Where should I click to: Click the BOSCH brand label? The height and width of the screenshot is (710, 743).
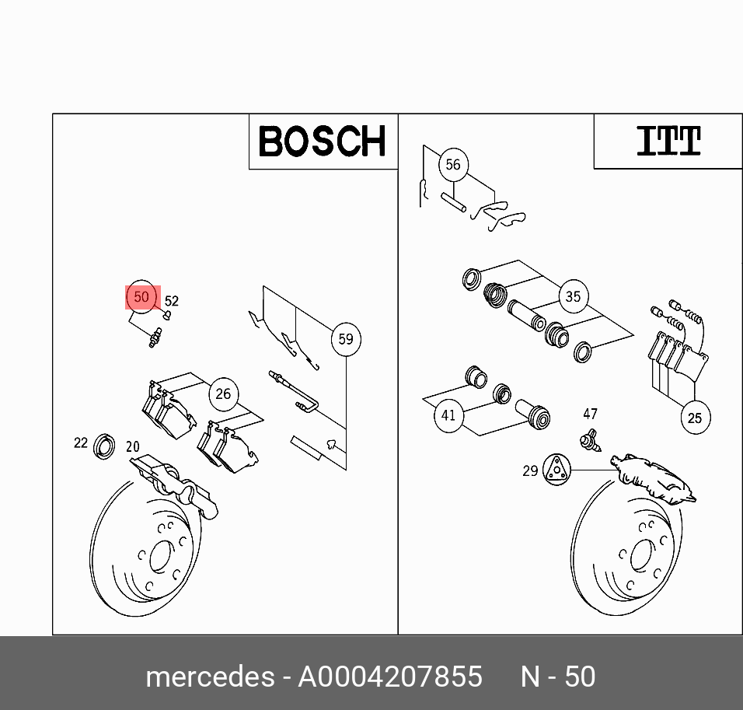point(322,142)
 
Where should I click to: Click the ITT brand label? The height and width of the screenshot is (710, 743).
point(668,142)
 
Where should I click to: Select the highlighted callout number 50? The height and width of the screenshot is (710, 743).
point(141,297)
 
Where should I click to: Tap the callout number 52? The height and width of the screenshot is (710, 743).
point(172,302)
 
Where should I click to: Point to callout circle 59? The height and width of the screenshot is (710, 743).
point(345,339)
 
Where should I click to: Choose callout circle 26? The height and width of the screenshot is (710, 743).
point(223,393)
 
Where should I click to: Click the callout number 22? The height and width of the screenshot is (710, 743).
point(81,442)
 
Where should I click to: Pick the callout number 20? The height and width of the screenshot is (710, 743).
point(133,446)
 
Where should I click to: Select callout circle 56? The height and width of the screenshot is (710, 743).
point(452,165)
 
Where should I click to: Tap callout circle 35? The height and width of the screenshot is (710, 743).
point(573,296)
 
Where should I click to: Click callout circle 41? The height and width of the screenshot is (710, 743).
point(448,415)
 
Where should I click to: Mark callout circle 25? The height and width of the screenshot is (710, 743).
point(694,418)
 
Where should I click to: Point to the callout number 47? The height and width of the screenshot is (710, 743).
point(591,414)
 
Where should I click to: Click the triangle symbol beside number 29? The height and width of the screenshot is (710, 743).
point(556,469)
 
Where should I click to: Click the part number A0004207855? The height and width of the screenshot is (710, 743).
point(390,677)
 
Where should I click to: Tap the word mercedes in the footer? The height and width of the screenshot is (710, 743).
point(210,677)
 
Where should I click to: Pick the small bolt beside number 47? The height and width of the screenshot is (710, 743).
point(591,440)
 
